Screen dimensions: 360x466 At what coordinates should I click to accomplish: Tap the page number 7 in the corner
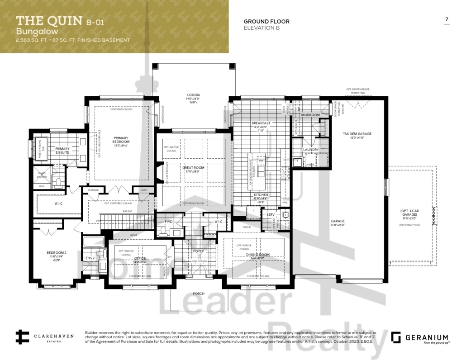(447, 19)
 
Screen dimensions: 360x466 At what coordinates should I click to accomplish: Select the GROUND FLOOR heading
(266, 21)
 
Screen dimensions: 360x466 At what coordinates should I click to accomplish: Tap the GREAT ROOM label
(194, 168)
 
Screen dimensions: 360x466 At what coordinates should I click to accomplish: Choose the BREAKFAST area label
(261, 123)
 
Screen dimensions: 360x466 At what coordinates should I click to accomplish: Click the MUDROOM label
(310, 115)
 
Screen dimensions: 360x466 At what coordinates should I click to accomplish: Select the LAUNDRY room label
(311, 150)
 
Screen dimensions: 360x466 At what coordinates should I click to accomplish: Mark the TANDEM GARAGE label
(358, 134)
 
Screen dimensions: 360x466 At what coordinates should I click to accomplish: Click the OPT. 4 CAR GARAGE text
(412, 213)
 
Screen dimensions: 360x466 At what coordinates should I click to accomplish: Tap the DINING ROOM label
(258, 255)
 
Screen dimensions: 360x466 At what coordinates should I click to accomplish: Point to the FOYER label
(199, 251)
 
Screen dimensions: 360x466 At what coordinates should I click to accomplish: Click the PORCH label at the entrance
(199, 293)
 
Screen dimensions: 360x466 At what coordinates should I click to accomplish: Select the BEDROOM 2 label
(57, 253)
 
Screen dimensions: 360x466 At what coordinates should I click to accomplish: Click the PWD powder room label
(169, 222)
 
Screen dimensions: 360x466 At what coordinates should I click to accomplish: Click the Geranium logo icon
(396, 337)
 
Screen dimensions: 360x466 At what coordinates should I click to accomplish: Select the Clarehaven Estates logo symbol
(21, 337)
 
